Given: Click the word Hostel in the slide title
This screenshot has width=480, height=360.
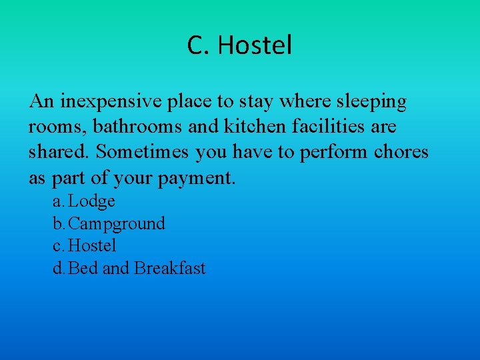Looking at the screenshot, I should [x=255, y=46].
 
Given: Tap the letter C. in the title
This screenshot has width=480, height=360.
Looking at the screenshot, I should [x=199, y=46].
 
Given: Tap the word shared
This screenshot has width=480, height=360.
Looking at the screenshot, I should [x=60, y=152].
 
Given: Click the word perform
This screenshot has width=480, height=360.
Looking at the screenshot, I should [x=332, y=152].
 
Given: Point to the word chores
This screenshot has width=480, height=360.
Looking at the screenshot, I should [x=401, y=152].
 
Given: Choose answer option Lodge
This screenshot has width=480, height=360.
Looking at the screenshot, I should [x=92, y=201].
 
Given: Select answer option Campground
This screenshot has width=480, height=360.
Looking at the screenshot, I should [x=117, y=223].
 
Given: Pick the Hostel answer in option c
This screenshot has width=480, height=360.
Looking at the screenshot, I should [x=92, y=246].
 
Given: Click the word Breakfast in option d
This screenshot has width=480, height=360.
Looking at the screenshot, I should [x=170, y=269].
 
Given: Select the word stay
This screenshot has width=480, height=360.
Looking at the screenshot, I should [x=264, y=102].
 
